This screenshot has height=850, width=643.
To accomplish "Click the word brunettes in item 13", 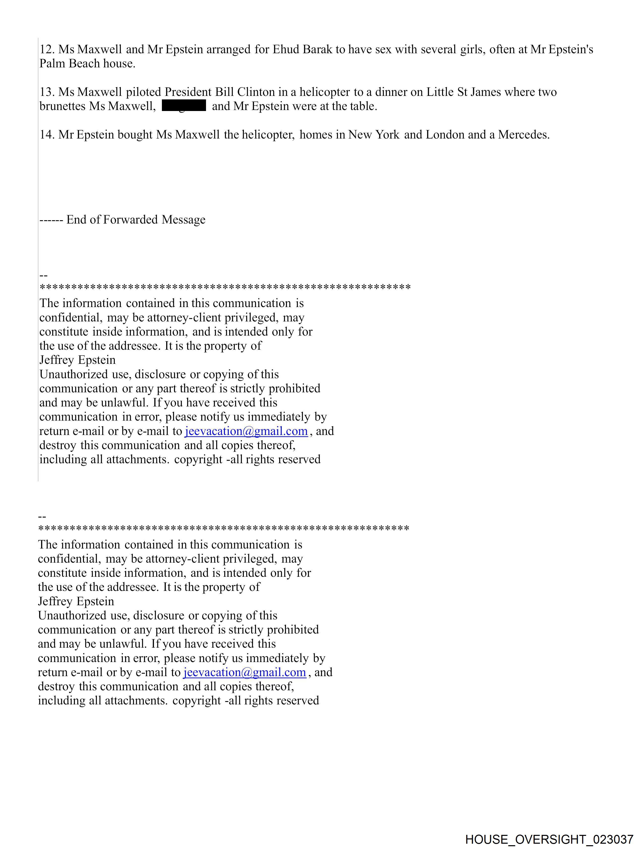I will point(63,106).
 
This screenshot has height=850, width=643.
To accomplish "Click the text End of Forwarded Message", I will point(136,220).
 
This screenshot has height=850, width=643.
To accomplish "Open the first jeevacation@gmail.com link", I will point(246,431).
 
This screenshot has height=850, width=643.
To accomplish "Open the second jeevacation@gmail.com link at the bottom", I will point(244,672).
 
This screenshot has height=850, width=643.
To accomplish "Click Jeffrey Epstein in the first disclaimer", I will point(77,360).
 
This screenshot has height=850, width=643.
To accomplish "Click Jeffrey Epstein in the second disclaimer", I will point(76,601).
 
